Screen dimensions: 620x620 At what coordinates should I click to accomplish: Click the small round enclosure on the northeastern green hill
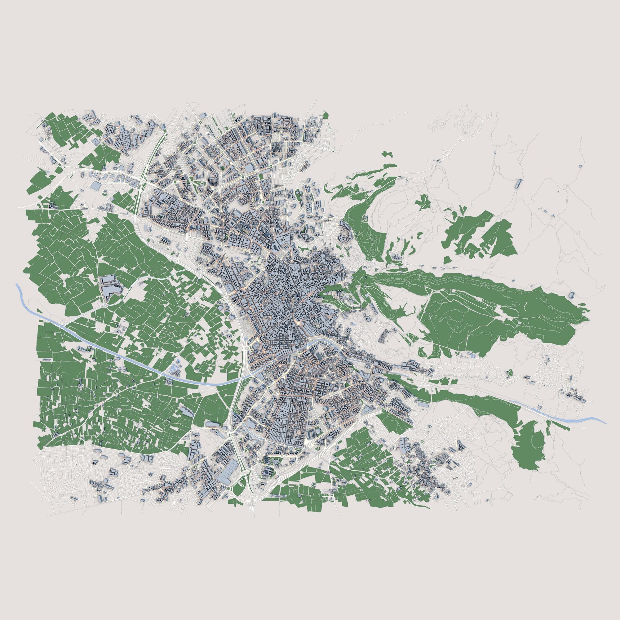click(x=365, y=219)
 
